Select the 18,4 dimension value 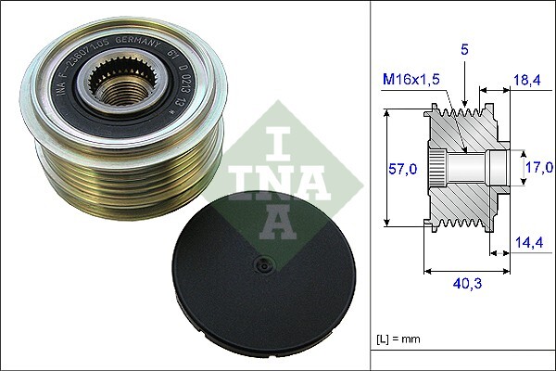(x=528, y=83)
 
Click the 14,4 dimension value (x=528, y=244)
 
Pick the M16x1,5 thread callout (x=412, y=81)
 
